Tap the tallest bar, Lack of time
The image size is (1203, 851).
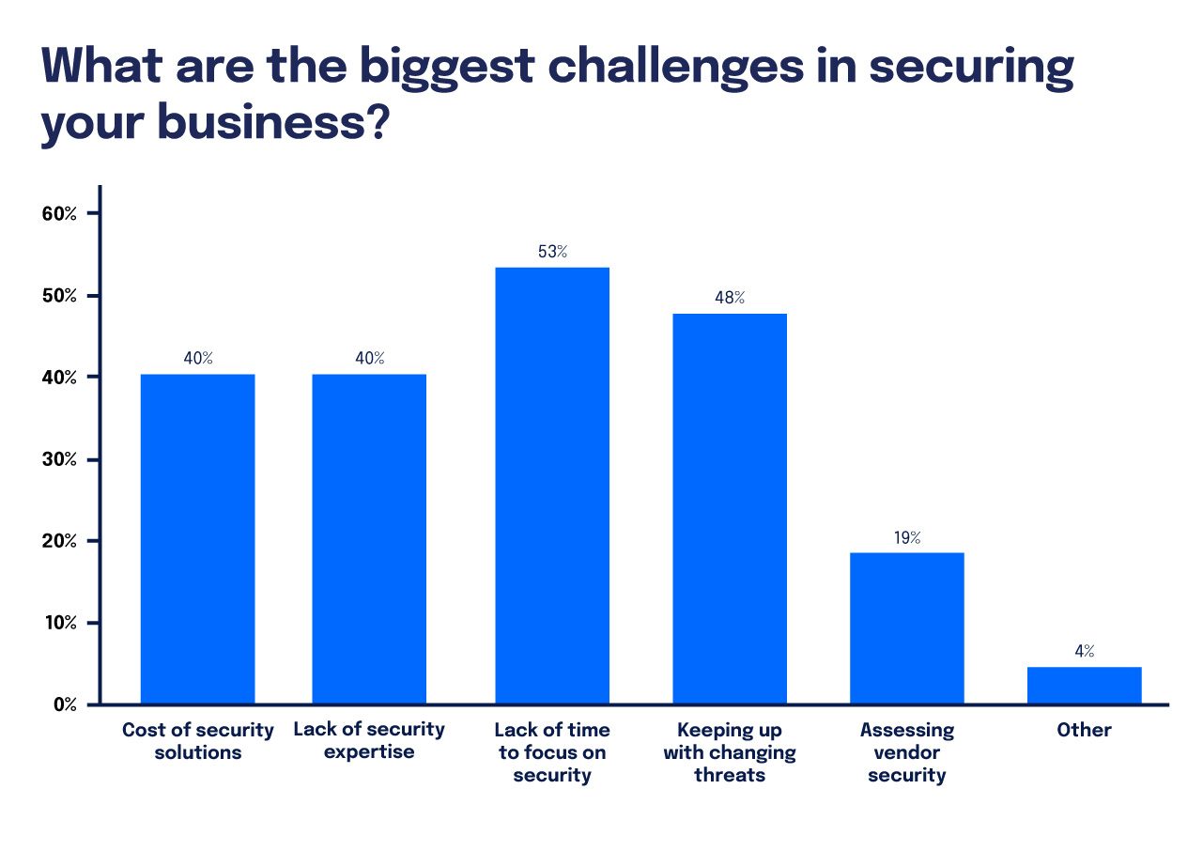(552, 486)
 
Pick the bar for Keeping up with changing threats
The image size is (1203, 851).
(730, 508)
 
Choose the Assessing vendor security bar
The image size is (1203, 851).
(907, 627)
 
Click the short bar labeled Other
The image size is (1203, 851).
(1084, 685)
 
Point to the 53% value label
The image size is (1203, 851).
(552, 252)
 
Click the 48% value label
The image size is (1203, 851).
(730, 298)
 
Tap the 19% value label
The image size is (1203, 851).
(907, 537)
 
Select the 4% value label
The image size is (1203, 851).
(1085, 651)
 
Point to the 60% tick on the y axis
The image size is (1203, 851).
(59, 213)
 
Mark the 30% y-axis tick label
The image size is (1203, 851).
(59, 459)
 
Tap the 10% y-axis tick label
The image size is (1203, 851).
(59, 623)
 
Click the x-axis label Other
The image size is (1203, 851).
(1084, 730)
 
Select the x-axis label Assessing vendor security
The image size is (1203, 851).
(907, 752)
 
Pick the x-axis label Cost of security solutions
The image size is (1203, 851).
(197, 741)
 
